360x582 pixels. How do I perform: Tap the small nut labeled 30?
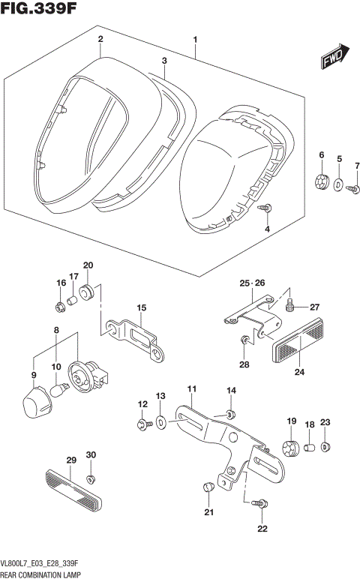point(90,478)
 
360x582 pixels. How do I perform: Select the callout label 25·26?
point(253,283)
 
